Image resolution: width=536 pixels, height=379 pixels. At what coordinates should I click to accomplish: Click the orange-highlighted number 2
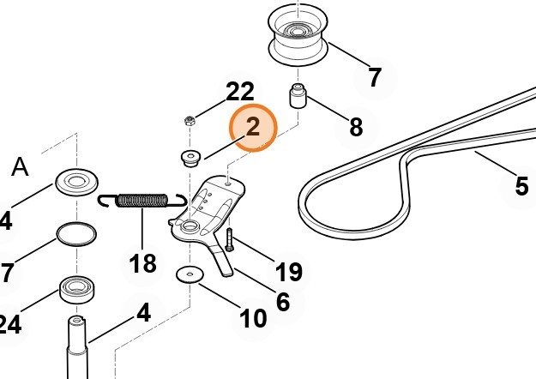pos(253,127)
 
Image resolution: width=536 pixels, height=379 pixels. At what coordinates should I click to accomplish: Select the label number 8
pos(356,127)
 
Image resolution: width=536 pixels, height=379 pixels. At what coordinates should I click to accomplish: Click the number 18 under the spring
pos(143,263)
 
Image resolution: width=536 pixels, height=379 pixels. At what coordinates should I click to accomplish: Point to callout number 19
pos(289,272)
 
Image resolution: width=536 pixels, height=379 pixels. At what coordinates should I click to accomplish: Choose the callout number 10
pos(253,318)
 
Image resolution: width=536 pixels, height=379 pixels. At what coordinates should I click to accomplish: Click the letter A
pos(21,167)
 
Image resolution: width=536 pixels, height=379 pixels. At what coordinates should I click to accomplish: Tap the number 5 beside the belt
pos(521,186)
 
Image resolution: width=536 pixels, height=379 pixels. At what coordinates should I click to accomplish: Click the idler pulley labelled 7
pos(298,36)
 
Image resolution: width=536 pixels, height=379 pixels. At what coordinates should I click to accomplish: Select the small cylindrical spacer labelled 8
pos(298,96)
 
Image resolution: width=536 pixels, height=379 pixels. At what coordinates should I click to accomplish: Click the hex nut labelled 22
pos(190,121)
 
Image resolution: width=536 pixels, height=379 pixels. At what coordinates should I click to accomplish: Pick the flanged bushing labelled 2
pos(190,159)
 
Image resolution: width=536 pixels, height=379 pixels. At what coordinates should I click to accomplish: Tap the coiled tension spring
pos(142,201)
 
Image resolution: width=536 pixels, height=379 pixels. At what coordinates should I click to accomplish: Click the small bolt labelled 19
pos(229,239)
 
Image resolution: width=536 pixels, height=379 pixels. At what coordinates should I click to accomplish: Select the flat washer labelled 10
pos(190,274)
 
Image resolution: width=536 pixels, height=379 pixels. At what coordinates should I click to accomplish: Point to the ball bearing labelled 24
pos(77,289)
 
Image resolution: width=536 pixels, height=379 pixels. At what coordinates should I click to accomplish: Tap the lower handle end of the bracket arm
pos(227,271)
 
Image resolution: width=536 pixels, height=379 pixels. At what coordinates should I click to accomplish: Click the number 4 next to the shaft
pos(144,312)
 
